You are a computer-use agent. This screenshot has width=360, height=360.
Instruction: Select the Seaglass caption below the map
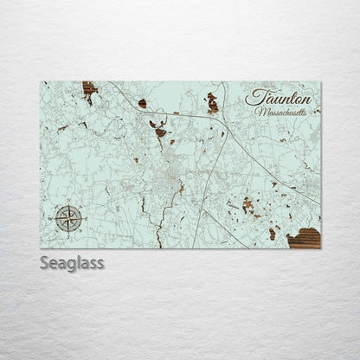pos(71,263)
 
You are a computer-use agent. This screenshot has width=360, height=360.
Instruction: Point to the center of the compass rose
pos(68,218)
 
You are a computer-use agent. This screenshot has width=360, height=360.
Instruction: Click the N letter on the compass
pos(68,206)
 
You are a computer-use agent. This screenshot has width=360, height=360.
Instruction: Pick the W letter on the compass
pos(56,218)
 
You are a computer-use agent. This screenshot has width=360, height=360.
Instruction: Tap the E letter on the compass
pos(80,218)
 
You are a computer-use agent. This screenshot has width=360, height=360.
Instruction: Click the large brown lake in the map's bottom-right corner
pos(305,238)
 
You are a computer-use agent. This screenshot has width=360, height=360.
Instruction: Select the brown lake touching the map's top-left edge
pos(89,90)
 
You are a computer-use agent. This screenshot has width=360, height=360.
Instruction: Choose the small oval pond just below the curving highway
pos(143,104)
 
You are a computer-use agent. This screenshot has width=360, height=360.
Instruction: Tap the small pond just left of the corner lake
pos(272,233)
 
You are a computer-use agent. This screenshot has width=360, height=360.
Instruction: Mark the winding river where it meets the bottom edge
pos(159,246)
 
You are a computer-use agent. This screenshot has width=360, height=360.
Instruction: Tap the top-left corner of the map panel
pos(41,82)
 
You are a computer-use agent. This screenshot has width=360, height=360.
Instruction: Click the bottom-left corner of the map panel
pos(41,248)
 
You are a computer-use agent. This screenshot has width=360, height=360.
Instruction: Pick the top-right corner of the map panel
pos(320,82)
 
